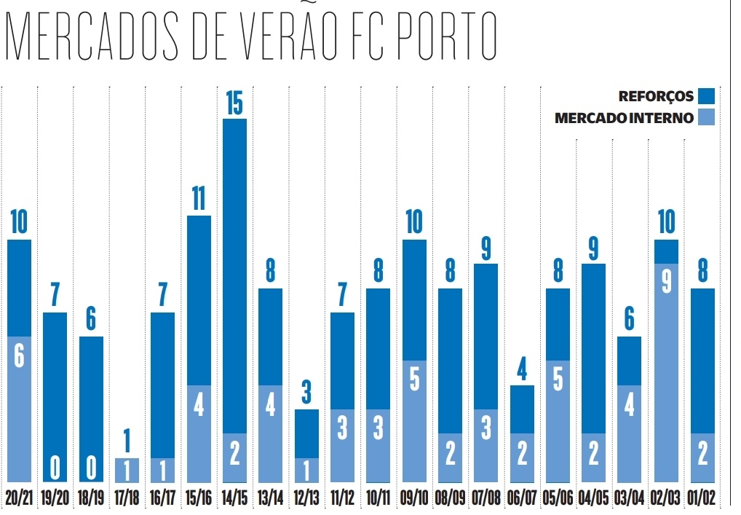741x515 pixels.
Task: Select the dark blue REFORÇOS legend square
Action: (706, 95)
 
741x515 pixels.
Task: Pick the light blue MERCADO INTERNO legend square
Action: (706, 117)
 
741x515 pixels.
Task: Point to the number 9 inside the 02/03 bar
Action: (666, 283)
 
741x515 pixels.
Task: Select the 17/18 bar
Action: (127, 470)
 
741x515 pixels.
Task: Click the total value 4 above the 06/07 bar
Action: (522, 370)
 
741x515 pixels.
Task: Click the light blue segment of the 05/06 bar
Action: (558, 420)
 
